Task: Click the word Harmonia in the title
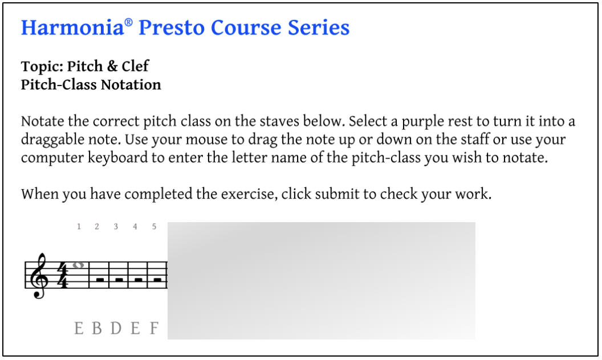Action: (72, 28)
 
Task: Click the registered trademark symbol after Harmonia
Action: (129, 22)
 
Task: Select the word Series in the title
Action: (319, 28)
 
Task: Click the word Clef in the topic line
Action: (135, 66)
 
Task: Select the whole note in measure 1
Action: (78, 265)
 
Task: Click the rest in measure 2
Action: (100, 280)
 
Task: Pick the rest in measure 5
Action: (157, 280)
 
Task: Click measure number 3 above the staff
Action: (116, 227)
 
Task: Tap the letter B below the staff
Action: (97, 328)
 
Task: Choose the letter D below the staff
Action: (116, 328)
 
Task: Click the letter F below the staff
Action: (154, 328)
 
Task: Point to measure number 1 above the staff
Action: (79, 227)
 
